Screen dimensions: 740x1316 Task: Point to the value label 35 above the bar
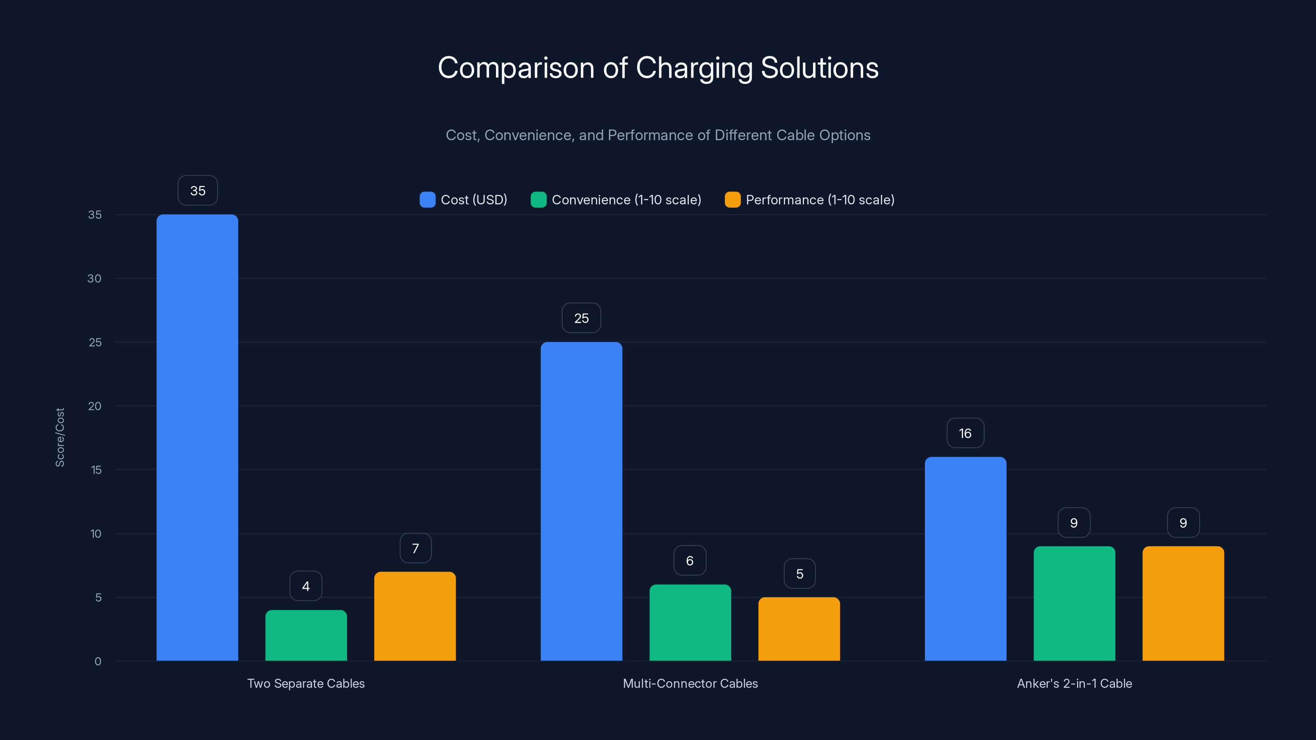tap(198, 190)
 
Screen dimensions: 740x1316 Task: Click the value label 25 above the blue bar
tap(582, 318)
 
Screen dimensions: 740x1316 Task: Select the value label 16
tap(965, 433)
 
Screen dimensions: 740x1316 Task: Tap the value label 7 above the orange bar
tap(415, 548)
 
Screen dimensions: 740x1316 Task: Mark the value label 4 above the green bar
tap(306, 586)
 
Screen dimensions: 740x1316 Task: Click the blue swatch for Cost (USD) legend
tap(427, 200)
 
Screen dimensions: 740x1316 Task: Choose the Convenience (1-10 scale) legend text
tap(626, 200)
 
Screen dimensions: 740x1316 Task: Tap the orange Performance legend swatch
tap(732, 200)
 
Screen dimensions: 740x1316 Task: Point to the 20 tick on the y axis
tap(95, 406)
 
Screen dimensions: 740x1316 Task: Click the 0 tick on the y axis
tap(97, 661)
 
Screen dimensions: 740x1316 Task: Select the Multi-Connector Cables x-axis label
tap(690, 683)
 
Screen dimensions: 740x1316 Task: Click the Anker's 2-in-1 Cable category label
tap(1074, 683)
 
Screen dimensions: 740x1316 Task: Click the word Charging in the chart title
tap(694, 68)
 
